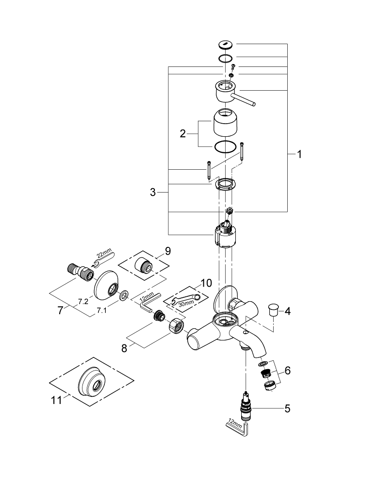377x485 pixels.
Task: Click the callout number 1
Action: (x=299, y=155)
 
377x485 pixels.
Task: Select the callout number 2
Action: (x=183, y=134)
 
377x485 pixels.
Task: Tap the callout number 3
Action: (x=153, y=193)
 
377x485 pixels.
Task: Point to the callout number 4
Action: (x=287, y=311)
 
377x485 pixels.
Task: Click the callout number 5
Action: (x=287, y=408)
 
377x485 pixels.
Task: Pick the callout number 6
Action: (x=287, y=371)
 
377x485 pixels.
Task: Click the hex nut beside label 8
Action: (x=176, y=325)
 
